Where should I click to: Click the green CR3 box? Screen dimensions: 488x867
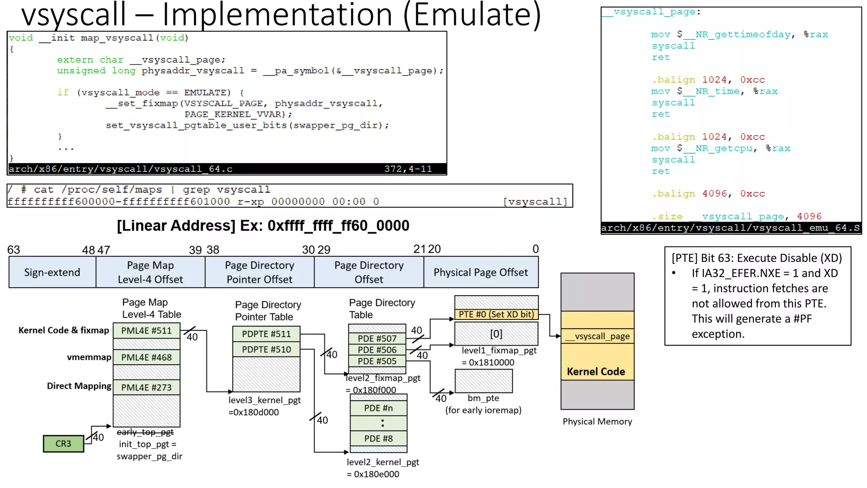pos(63,444)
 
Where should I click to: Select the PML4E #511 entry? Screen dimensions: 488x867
pos(146,330)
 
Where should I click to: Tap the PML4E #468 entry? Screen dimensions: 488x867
pos(146,357)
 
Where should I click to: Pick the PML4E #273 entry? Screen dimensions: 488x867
pos(146,387)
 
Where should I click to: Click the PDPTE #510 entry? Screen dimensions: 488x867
pos(266,349)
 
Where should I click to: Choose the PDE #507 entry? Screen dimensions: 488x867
pos(377,338)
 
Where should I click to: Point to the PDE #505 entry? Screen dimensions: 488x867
pos(377,361)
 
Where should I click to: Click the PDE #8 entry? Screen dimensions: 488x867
pos(378,438)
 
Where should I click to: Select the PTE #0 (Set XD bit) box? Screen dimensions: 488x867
pos(496,314)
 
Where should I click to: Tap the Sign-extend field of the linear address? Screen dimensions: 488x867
pos(52,272)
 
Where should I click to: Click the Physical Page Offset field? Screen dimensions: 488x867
pos(480,272)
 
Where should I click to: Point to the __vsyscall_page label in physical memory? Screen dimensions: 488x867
pos(597,336)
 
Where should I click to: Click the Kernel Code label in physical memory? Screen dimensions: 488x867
pos(596,372)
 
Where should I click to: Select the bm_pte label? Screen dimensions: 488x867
pos(483,398)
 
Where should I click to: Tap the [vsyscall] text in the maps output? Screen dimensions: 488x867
pos(535,202)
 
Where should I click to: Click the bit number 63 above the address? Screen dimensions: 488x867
pos(14,250)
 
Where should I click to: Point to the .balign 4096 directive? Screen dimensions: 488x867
pos(694,194)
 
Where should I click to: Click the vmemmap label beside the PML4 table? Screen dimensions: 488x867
pos(89,357)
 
